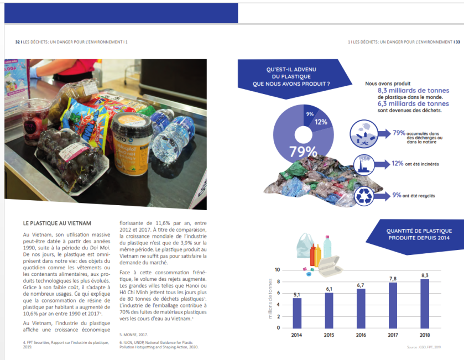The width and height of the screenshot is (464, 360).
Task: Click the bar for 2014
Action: (297, 312)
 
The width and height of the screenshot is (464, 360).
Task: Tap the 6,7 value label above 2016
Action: (361, 285)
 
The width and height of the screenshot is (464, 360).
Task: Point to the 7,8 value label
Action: (393, 278)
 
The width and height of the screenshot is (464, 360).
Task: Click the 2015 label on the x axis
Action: (329, 335)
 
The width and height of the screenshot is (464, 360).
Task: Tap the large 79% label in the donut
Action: (303, 151)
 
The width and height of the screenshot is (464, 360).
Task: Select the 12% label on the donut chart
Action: (321, 122)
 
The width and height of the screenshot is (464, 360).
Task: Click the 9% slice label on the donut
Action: (309, 114)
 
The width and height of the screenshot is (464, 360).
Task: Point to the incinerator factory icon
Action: (364, 164)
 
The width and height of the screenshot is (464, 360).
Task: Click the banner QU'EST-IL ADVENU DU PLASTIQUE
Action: (291, 76)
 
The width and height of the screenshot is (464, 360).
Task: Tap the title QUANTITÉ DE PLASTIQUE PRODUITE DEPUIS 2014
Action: (420, 234)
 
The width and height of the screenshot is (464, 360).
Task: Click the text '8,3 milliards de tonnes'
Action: (413, 90)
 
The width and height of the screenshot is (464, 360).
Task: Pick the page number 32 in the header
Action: (18, 41)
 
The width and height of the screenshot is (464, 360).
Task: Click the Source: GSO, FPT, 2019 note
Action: (440, 347)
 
